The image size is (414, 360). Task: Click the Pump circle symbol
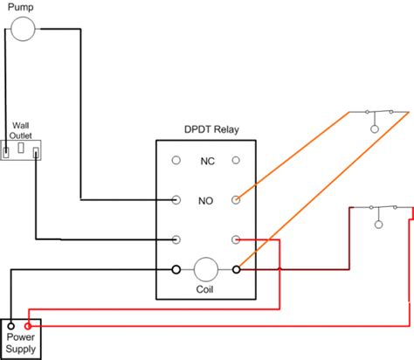[x=23, y=29]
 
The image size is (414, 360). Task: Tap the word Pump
[x=20, y=7]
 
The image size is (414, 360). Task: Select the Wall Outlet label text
[x=21, y=130]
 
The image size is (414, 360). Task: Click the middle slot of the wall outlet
[x=21, y=148]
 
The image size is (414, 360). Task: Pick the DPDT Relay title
[x=211, y=129]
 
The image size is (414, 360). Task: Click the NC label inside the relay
[x=207, y=161]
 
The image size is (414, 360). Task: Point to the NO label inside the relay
[x=205, y=201]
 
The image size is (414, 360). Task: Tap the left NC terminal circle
[x=176, y=160]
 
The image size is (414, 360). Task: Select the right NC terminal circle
[x=236, y=160]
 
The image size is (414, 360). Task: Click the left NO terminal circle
[x=176, y=200]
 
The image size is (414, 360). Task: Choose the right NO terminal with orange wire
[x=236, y=200]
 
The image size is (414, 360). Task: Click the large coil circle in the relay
[x=206, y=270]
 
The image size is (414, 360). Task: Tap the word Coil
[x=204, y=289]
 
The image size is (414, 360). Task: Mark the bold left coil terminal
[x=176, y=270]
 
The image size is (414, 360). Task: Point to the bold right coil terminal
[x=236, y=270]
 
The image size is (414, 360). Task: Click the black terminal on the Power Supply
[x=11, y=326]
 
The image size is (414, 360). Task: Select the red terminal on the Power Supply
[x=28, y=326]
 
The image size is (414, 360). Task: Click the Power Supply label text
[x=21, y=343]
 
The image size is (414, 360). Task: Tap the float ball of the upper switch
[x=375, y=129]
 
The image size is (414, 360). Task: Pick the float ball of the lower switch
[x=378, y=225]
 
